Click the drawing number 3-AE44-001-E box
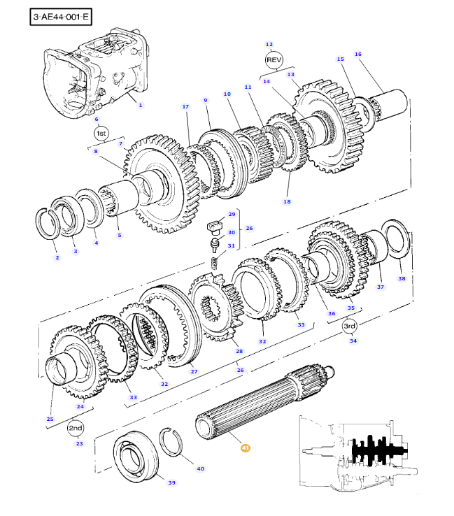click(x=61, y=17)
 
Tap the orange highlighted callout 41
click(x=246, y=448)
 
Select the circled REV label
click(x=274, y=60)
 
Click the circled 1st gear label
click(x=101, y=134)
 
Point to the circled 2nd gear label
click(x=76, y=428)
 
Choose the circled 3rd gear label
click(x=349, y=326)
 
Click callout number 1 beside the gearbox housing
click(x=141, y=106)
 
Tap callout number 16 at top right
click(x=358, y=55)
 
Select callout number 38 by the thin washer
click(x=402, y=278)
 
